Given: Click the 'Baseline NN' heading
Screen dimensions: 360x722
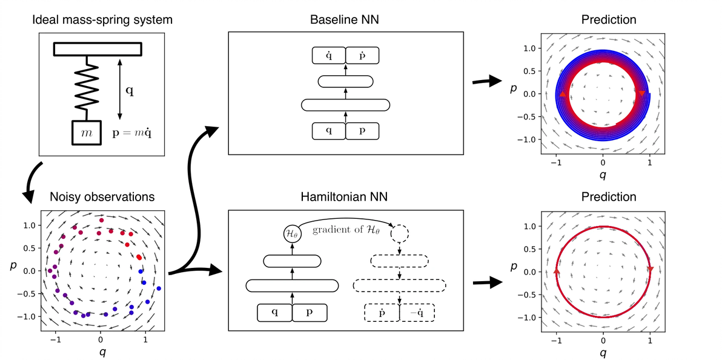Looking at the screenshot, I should coord(345,20).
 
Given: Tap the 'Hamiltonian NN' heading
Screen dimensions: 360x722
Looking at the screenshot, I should coord(345,197).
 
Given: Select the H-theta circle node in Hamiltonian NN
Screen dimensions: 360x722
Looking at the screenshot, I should coord(293,233).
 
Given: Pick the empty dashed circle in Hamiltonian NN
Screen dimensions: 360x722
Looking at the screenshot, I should coord(400,233).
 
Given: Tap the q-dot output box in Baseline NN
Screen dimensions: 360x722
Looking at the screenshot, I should coord(328,55).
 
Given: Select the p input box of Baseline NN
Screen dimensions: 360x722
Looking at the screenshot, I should coord(362,131).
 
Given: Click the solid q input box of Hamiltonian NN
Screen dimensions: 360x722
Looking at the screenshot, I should coord(275,312).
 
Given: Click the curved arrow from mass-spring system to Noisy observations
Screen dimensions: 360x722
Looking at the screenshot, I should coord(34,182).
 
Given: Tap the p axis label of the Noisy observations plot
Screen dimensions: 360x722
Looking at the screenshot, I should coord(12,267).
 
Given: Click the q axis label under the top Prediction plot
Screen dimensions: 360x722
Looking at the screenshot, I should coord(603,175).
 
